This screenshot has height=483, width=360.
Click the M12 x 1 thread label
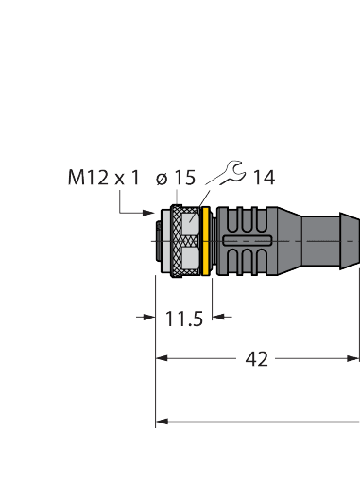point(104,177)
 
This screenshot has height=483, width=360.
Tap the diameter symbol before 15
point(161,177)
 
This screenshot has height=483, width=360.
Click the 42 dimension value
point(256,359)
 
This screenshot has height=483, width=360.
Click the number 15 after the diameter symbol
point(184,177)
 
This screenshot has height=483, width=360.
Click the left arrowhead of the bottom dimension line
point(161,421)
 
